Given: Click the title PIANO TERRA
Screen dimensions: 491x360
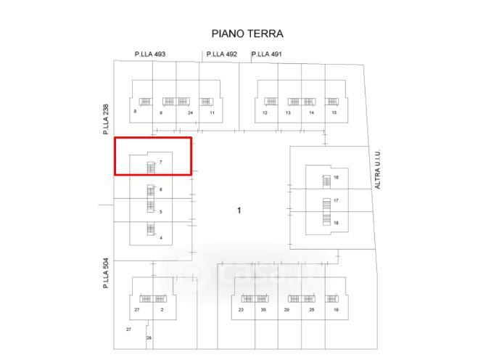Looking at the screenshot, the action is coord(247,33).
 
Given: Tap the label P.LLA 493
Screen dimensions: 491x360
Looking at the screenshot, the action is coord(150,54).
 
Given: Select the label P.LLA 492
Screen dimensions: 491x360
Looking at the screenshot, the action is coord(222,54).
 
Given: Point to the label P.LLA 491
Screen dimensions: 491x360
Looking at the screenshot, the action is coord(267,54).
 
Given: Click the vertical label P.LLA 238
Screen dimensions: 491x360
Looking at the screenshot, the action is coord(106,119).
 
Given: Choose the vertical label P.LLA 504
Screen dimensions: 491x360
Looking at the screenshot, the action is coord(106,274).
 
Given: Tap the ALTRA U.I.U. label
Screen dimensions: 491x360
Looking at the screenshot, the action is coord(377,170).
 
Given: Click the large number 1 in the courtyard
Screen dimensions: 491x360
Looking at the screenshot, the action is coord(239,210).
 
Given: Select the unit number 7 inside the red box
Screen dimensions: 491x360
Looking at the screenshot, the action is coord(160,163).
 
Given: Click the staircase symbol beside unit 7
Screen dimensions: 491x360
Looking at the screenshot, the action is coord(151,168).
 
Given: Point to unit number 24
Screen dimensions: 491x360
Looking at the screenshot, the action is coord(190,113).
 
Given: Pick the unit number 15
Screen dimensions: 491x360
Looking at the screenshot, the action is coord(334,113).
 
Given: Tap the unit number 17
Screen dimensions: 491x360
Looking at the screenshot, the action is coord(337,200).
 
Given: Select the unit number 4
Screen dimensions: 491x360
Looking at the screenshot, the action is coord(160,237).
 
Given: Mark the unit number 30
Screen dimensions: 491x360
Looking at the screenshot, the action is coord(263,310).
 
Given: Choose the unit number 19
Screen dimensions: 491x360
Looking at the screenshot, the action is coord(336,310).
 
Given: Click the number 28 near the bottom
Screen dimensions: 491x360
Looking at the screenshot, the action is coord(149,338).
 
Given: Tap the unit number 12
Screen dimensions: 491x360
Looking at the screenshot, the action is coord(265,113).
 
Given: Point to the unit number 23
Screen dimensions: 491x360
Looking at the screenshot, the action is coord(241,310).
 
